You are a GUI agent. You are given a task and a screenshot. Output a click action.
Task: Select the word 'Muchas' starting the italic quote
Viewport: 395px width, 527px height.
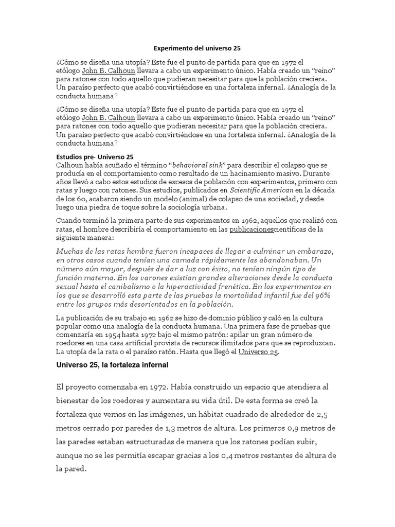[x=69, y=251]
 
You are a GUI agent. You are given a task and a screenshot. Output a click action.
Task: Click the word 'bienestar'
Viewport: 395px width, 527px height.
[x=76, y=400]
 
